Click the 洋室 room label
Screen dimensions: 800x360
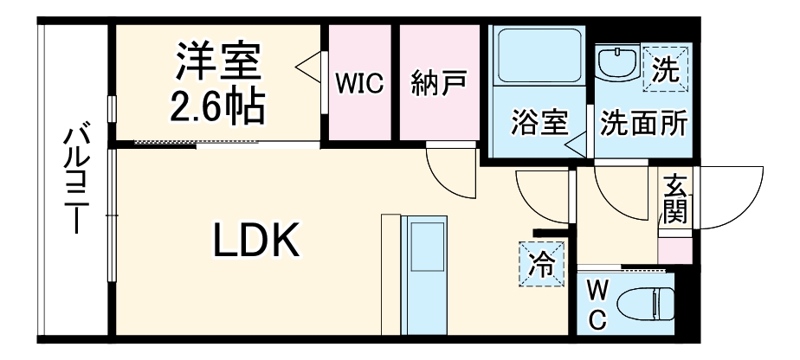pos(218,61)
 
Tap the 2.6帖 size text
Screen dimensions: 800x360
pos(217,106)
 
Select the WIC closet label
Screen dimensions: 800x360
pos(359,84)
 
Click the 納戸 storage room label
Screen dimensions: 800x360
pos(439,83)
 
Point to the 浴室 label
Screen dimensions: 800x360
pos(539,123)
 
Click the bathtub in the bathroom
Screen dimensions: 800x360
pos(539,55)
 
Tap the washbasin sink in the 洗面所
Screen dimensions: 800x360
pos(616,62)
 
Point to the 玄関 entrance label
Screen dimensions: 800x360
pos(675,198)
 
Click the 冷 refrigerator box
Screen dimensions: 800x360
pos(542,263)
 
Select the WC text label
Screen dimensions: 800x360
pos(597,306)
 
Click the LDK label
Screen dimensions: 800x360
pos(255,240)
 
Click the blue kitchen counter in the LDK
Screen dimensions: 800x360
pos(424,275)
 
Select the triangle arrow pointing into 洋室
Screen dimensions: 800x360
pos(309,66)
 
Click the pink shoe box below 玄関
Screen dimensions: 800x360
pos(675,251)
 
